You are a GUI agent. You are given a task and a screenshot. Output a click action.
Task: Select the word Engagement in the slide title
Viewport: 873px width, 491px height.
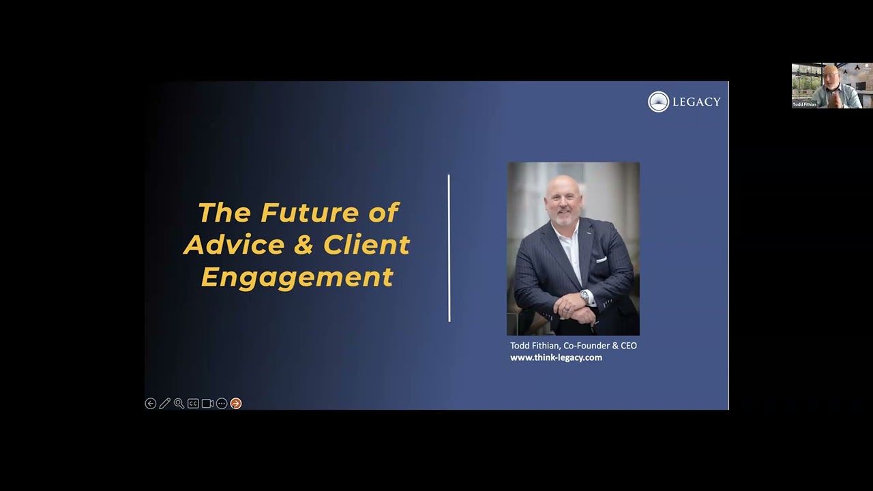(297, 277)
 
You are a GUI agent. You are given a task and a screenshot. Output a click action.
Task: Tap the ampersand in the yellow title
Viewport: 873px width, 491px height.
(304, 245)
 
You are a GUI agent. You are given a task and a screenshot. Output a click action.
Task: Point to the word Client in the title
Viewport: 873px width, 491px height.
(366, 245)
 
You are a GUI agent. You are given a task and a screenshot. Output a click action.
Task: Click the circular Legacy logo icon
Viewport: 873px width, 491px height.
(658, 102)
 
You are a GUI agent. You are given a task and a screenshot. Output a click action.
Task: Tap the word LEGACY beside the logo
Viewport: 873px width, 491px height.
(696, 102)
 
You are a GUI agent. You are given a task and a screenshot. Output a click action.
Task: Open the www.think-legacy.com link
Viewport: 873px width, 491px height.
(556, 357)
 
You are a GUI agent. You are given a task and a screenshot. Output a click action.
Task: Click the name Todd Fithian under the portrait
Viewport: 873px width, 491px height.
(535, 346)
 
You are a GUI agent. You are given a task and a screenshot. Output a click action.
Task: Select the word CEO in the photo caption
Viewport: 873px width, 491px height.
(627, 346)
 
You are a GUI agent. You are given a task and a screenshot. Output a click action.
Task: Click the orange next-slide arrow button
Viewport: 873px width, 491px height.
(236, 404)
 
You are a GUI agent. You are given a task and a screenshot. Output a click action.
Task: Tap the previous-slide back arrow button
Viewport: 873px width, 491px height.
(151, 404)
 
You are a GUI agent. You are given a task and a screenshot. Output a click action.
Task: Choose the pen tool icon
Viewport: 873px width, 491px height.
(165, 404)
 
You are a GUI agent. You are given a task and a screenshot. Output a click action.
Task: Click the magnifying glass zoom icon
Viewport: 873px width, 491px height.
(179, 404)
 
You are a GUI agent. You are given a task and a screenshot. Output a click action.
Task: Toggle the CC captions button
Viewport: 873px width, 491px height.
(193, 404)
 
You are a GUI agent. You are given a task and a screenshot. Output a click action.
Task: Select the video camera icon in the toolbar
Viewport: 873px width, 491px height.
(207, 404)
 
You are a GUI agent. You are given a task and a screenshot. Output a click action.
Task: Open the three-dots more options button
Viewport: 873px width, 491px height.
(222, 404)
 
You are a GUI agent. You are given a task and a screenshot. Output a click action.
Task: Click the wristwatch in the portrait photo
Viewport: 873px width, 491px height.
(585, 297)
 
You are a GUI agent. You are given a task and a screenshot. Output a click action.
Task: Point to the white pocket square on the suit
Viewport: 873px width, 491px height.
(601, 260)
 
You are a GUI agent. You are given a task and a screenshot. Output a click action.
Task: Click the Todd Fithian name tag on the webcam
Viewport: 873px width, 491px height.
(805, 104)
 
